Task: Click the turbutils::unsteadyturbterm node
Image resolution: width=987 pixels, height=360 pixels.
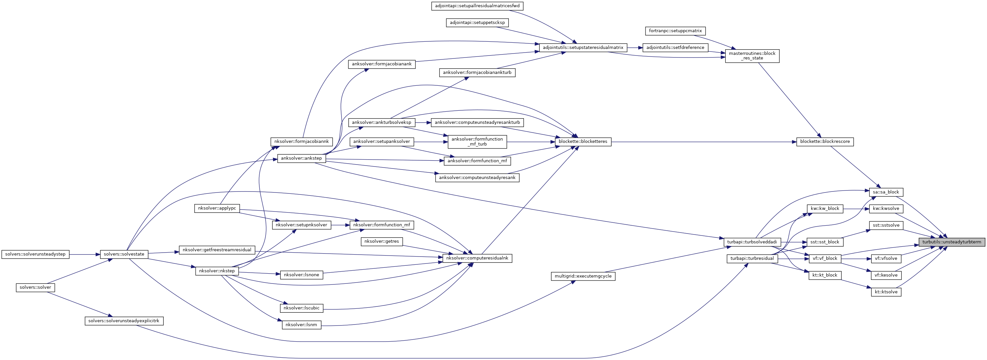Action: tap(952, 242)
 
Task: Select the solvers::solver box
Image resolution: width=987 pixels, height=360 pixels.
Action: tap(35, 287)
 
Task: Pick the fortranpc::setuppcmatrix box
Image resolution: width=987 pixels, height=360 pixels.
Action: tap(675, 31)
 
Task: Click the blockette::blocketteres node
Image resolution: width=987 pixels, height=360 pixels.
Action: tap(583, 141)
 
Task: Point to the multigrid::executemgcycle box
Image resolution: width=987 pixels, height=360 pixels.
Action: tap(583, 276)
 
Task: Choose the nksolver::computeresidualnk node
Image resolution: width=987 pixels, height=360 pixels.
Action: tap(477, 258)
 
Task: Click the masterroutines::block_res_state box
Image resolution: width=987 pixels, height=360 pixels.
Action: tap(752, 56)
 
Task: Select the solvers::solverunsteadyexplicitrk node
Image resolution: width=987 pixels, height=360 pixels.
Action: tap(124, 321)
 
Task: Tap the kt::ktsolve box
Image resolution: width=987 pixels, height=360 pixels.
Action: tap(886, 292)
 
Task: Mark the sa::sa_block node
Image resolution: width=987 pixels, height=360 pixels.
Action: tap(885, 192)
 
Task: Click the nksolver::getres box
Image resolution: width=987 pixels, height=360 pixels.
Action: tap(382, 241)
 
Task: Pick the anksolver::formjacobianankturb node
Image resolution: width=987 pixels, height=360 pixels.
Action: tap(477, 72)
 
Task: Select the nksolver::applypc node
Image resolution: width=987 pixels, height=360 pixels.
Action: tap(217, 208)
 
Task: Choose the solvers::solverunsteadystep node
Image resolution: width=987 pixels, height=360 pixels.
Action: tap(35, 254)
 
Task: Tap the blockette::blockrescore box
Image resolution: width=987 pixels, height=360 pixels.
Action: tap(825, 141)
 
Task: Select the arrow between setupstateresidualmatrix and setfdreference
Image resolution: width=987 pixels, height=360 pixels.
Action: tap(635, 48)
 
